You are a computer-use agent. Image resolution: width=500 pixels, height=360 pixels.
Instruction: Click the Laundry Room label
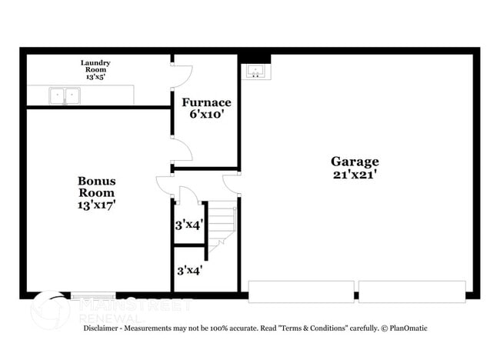(x=96, y=66)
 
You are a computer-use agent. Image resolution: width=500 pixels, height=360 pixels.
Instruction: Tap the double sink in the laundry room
(x=65, y=96)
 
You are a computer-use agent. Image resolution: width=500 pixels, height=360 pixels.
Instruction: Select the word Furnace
(x=206, y=102)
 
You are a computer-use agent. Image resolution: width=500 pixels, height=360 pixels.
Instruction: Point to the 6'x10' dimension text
(x=206, y=115)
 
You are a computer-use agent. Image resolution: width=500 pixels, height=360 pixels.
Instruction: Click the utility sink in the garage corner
(x=255, y=72)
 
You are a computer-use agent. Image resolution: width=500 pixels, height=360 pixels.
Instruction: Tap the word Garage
(x=355, y=162)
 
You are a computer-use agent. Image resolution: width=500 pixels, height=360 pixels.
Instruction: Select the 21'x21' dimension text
(x=355, y=175)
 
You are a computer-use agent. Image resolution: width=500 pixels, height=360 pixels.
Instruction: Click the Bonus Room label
(x=96, y=187)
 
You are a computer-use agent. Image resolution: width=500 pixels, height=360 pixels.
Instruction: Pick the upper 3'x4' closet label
(x=189, y=225)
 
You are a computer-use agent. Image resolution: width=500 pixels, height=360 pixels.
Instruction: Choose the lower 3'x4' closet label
(x=189, y=271)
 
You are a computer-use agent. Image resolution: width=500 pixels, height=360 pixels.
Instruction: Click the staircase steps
(x=222, y=223)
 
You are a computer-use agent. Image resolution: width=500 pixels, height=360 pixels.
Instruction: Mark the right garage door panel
(x=412, y=292)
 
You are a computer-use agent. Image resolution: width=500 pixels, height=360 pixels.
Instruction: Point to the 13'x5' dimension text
(x=96, y=78)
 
